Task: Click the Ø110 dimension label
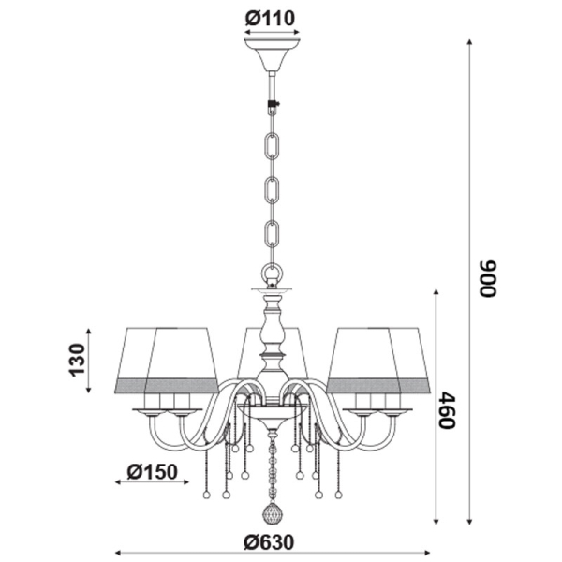(x=270, y=19)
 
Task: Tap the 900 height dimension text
(x=488, y=278)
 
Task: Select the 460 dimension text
(x=447, y=409)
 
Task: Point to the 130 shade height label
(x=77, y=360)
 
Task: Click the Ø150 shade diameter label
(x=153, y=472)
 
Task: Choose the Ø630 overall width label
(x=269, y=542)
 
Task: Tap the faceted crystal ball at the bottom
(x=273, y=514)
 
